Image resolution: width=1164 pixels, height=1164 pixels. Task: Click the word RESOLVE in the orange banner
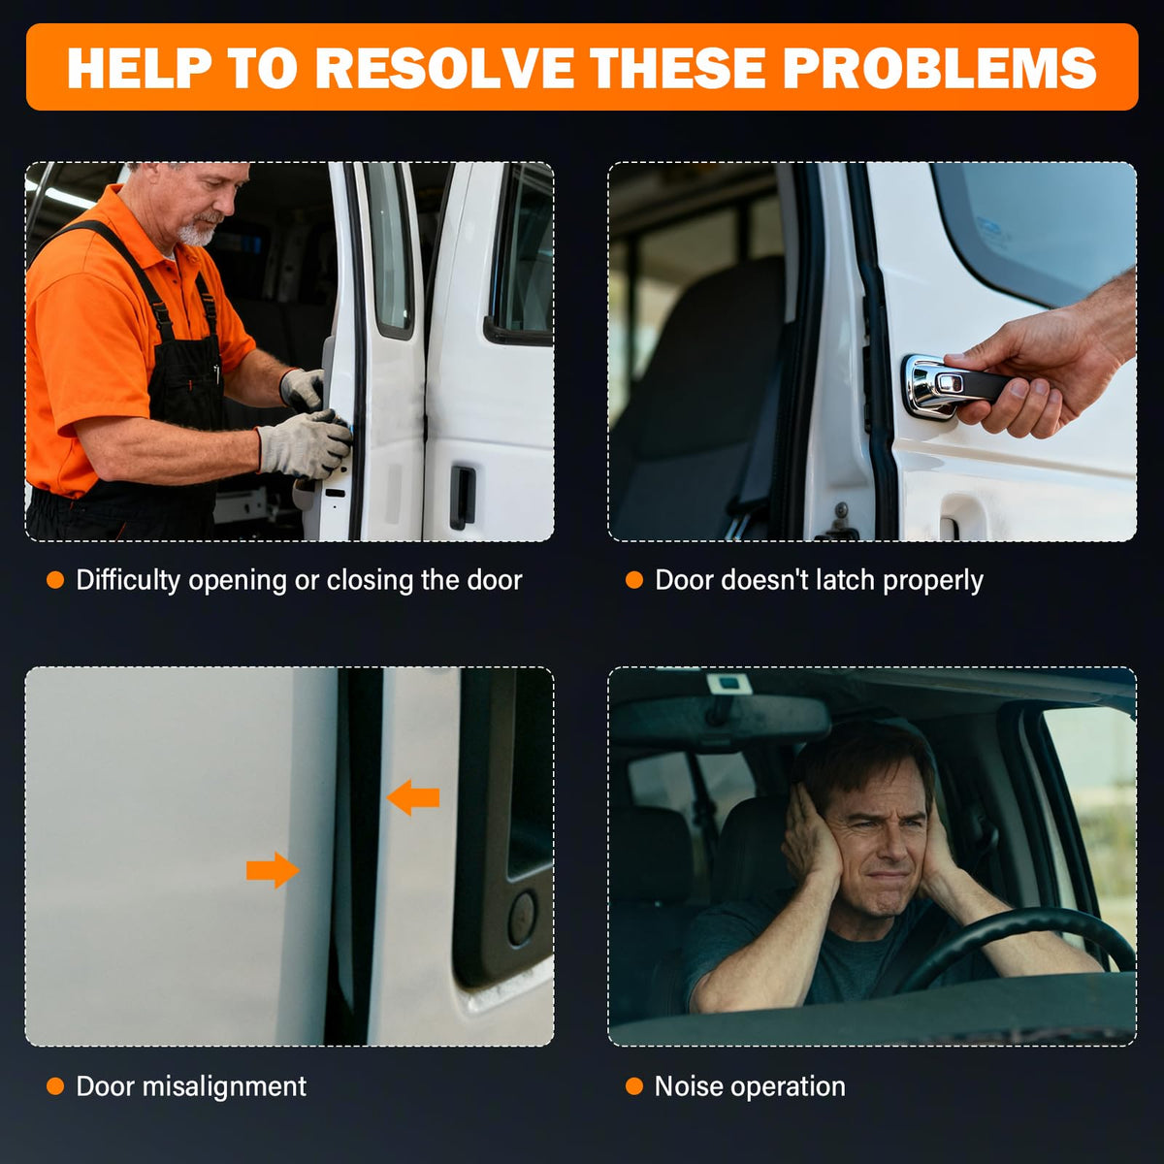[x=443, y=68]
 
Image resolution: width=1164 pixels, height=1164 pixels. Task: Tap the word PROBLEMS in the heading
[x=939, y=68]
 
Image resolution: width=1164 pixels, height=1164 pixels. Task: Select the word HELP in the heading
[x=140, y=68]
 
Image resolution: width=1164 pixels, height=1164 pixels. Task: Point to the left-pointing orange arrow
[x=413, y=797]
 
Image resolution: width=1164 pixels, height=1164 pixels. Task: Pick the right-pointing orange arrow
[x=273, y=870]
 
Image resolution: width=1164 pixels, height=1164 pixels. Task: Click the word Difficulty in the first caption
[x=128, y=580]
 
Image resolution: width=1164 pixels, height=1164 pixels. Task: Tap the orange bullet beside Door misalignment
[x=55, y=1086]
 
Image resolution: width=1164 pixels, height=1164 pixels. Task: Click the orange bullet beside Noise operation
[x=634, y=1086]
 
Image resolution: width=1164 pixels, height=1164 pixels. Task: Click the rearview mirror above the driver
[x=719, y=719]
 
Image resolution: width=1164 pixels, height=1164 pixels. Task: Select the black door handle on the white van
[x=462, y=497]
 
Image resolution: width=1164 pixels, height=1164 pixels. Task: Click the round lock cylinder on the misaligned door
[x=521, y=918]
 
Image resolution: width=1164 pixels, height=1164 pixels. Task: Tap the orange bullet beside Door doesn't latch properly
[x=634, y=580]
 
